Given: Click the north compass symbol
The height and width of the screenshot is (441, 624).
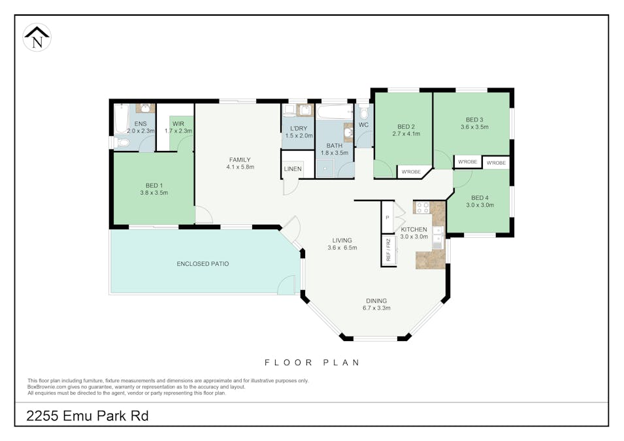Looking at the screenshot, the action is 37,37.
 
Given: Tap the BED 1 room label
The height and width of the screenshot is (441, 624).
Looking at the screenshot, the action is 154,186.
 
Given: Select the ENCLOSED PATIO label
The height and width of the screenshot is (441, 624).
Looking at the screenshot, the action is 203,264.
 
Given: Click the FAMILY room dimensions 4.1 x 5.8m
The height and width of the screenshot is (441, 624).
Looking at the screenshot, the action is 240,167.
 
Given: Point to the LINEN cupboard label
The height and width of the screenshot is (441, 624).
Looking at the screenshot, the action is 293,169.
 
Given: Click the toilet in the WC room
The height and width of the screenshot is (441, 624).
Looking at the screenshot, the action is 364,112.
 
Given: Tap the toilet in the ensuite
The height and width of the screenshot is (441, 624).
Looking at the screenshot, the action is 123,142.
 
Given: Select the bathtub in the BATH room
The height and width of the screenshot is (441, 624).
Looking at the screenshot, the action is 335,112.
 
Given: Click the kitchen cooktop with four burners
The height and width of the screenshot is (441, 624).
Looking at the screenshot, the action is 423,207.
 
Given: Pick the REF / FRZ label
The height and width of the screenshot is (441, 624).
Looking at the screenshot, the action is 389,250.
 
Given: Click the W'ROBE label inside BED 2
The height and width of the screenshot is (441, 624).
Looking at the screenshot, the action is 411,172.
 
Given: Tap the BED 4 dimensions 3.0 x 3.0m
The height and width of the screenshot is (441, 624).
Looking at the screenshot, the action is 480,205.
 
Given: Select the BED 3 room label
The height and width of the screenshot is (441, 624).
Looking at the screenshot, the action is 474,120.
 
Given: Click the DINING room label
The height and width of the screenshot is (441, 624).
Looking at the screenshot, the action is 376,301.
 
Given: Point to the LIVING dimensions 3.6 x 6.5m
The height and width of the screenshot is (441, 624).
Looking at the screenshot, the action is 342,248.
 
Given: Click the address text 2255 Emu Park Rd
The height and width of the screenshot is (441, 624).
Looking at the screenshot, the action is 88,416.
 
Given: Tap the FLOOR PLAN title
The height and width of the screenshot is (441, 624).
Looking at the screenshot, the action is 312,363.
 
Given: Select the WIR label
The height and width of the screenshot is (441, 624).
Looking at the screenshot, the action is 178,123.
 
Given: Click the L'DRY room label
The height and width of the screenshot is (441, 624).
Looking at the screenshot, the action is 299,129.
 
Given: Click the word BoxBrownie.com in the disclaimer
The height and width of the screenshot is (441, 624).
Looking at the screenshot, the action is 47,387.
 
